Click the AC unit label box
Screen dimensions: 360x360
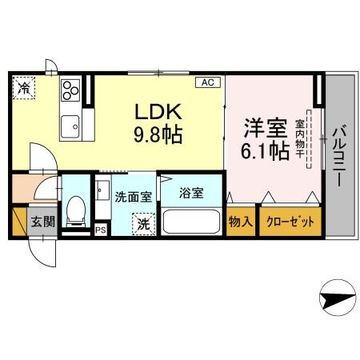(208, 82)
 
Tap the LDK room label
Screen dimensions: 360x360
(158, 112)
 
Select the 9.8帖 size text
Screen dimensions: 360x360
(158, 134)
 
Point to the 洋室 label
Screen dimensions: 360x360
(266, 128)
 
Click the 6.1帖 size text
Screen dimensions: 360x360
(266, 151)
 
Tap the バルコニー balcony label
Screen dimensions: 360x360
(339, 155)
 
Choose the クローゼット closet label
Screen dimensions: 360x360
(290, 222)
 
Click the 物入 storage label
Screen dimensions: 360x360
(241, 222)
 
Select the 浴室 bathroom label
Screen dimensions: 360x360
(191, 193)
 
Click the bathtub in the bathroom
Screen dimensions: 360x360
(191, 222)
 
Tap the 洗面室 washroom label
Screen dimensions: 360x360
(134, 197)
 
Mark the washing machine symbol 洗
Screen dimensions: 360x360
(144, 224)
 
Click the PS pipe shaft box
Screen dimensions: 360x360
(101, 230)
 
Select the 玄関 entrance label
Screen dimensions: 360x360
(42, 222)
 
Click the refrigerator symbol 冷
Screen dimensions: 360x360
(24, 88)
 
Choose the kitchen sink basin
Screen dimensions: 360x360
(70, 126)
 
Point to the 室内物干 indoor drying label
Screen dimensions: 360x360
(300, 138)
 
